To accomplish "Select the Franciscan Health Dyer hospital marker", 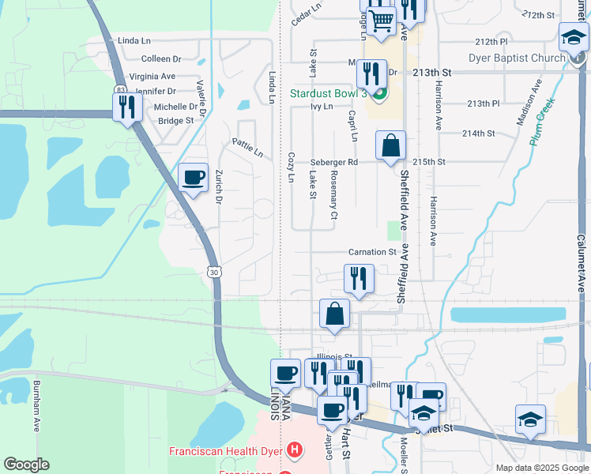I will (x=294, y=451).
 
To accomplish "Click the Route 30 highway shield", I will (x=214, y=272).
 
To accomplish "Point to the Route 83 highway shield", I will (x=119, y=89).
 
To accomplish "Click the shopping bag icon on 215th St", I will (x=390, y=146).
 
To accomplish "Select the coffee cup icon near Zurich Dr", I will (x=193, y=178).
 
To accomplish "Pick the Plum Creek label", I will (x=542, y=118).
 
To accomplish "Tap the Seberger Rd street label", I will (x=334, y=162).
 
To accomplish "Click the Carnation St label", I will (x=371, y=252).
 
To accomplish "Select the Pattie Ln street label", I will (x=247, y=148).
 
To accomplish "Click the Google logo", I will (x=26, y=465).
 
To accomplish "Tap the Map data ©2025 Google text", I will (x=541, y=468).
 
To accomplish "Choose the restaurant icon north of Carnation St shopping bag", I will (x=359, y=279).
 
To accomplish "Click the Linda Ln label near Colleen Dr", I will (x=134, y=40).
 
